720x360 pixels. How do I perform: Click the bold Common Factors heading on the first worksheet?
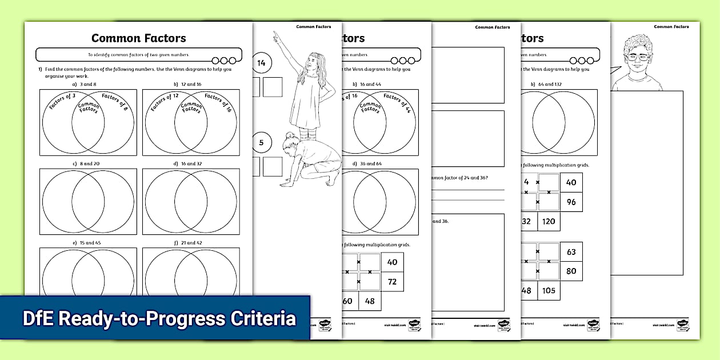click(138, 38)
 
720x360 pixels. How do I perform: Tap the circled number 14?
click(261, 63)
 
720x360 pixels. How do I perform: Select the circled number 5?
click(261, 142)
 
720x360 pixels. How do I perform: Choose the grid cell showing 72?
click(392, 282)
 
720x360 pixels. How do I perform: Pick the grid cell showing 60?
click(347, 301)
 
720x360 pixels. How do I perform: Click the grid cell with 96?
click(571, 202)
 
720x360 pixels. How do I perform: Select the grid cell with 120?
click(548, 221)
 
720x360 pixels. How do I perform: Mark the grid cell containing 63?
click(571, 251)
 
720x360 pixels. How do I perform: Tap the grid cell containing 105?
click(548, 290)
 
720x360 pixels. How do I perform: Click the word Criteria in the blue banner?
click(264, 318)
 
